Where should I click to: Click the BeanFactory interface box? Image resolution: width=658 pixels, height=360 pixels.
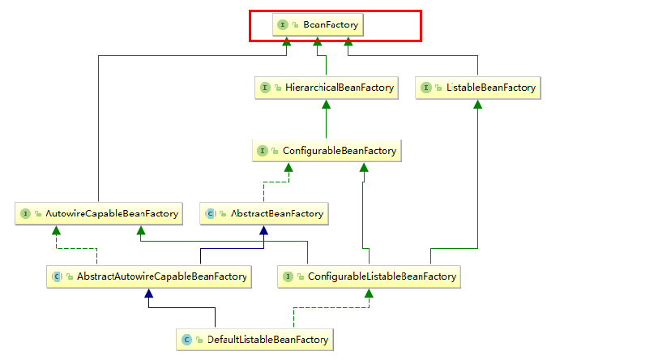click(318, 25)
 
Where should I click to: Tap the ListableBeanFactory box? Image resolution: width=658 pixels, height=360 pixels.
click(477, 88)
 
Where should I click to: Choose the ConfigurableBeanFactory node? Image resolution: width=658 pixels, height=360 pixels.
click(326, 151)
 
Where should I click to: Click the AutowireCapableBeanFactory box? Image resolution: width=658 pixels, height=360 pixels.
click(98, 214)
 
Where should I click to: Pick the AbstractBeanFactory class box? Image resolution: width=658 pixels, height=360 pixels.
click(264, 214)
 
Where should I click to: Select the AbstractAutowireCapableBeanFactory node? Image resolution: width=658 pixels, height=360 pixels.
click(147, 276)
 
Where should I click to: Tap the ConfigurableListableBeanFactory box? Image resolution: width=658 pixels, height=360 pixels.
click(370, 276)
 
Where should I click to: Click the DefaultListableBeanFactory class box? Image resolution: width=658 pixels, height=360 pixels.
click(254, 339)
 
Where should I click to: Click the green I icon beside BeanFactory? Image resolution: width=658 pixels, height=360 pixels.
click(283, 25)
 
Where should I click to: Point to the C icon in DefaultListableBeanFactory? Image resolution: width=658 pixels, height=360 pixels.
click(186, 339)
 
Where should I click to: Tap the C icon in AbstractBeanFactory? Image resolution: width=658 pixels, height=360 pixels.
click(211, 214)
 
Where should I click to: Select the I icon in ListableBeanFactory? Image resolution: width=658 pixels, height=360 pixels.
click(427, 88)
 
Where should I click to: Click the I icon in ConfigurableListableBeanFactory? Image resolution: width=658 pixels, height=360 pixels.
click(288, 276)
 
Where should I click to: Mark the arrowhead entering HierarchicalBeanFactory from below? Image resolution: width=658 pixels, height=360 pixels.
click(326, 104)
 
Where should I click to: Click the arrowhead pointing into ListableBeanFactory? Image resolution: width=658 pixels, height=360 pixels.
click(477, 104)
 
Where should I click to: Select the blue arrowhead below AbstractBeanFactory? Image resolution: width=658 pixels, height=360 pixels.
click(264, 230)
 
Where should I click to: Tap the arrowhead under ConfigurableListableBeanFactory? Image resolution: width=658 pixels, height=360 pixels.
click(370, 294)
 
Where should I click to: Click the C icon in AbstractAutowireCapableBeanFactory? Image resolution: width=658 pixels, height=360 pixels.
click(57, 276)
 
